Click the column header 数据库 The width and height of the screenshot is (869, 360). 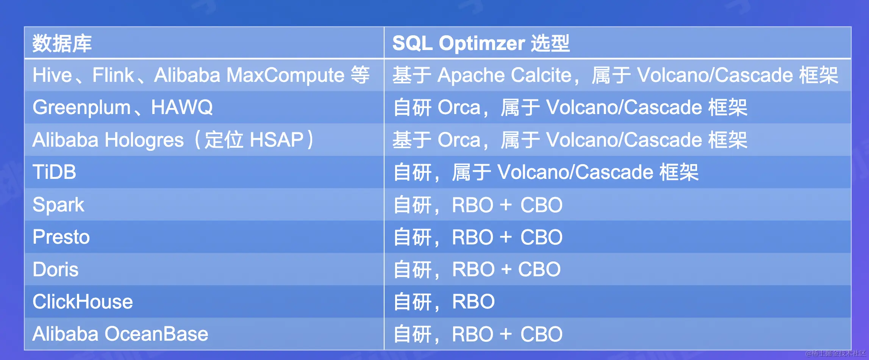point(62,43)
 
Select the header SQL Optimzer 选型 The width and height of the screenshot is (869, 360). point(481,43)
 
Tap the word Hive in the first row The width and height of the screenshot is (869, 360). point(52,75)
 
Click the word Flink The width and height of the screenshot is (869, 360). point(113,75)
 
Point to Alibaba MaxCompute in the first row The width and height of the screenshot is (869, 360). point(249,75)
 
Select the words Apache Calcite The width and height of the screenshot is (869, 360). point(504,75)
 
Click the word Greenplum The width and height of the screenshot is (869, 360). point(81,108)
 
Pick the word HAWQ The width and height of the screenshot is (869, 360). point(182,108)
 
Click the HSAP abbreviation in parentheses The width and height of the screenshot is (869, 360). point(277,140)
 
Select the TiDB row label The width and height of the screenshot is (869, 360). point(54,172)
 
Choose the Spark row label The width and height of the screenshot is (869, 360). point(58,205)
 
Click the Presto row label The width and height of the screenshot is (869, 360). point(61,237)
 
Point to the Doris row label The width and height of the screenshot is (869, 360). point(55,269)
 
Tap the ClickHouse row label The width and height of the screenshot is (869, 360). point(83,302)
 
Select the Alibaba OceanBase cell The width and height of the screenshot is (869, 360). point(120,334)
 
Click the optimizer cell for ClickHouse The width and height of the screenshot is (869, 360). point(444,302)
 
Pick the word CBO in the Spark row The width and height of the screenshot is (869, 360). point(541,205)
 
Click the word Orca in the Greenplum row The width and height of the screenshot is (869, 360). point(459,108)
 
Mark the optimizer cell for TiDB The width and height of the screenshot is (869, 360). point(545,172)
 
